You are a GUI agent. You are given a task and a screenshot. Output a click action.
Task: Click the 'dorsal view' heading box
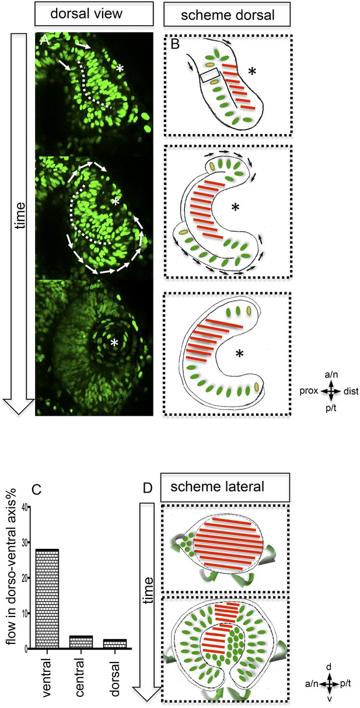pos(94,13)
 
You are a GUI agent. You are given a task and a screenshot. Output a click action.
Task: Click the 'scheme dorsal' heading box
pos(227,15)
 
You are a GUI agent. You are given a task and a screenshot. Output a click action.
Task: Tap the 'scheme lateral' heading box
pos(225,488)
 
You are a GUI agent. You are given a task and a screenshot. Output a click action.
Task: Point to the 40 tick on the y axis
pos(29,507)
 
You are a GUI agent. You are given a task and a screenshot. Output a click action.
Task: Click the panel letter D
pos(148,488)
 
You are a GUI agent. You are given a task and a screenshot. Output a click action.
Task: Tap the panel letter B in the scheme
pos(175,44)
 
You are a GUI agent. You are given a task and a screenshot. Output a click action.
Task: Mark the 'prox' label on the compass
pos(309,391)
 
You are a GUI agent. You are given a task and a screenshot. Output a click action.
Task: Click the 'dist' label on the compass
pos(351,391)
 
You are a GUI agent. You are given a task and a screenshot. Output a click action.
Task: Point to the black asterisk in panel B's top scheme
pos(252,72)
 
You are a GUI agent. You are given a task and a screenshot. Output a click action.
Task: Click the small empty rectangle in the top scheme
pos(210,75)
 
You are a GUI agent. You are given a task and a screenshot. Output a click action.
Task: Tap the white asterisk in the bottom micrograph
pos(114,342)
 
